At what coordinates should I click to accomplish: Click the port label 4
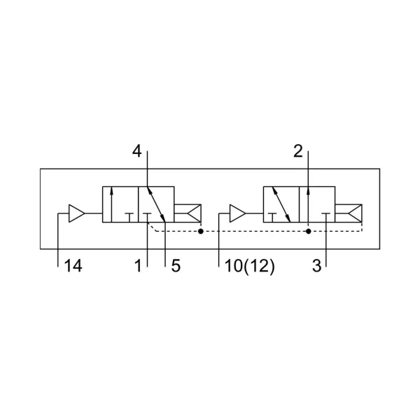(136, 151)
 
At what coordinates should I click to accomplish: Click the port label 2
(298, 151)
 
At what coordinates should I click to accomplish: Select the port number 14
(73, 266)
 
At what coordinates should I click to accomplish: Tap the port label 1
(138, 266)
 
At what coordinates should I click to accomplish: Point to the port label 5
(176, 266)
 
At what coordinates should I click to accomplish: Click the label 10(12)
(250, 267)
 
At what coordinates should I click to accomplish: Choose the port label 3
(316, 266)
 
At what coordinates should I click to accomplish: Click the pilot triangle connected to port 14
(77, 213)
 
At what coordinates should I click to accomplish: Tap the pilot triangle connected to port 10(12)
(237, 213)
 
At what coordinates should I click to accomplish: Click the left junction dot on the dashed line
(201, 231)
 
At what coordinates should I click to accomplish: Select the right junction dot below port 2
(308, 231)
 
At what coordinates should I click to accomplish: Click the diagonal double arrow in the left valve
(156, 204)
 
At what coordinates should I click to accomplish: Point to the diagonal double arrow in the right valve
(281, 204)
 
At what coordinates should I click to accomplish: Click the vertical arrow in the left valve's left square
(111, 204)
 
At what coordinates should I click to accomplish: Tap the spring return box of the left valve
(188, 213)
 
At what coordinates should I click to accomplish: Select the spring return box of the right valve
(349, 213)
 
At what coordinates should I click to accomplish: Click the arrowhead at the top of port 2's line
(308, 190)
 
